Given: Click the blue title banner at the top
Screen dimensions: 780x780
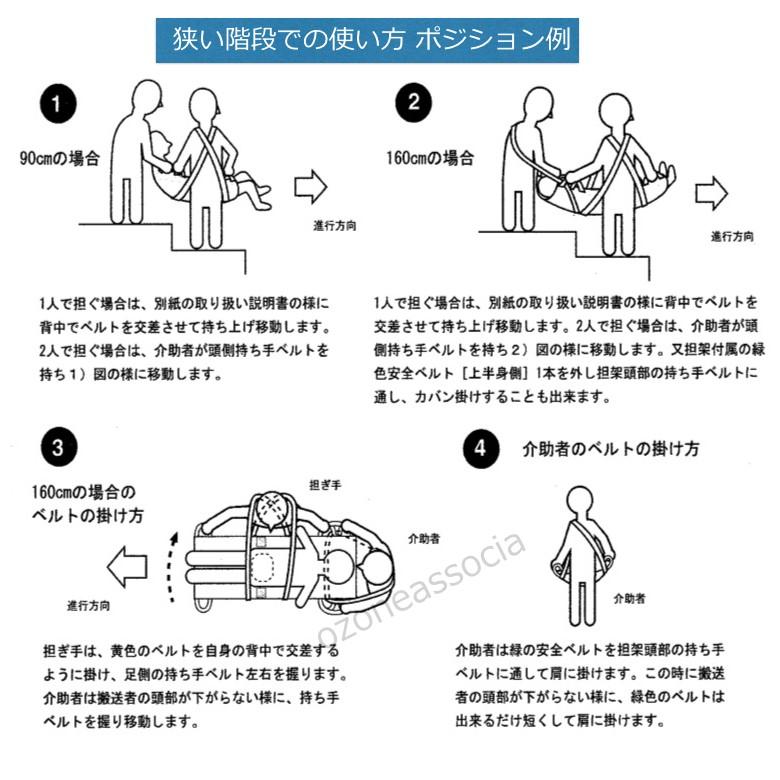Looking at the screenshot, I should pyautogui.click(x=368, y=41).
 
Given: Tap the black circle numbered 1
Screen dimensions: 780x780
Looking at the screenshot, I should pyautogui.click(x=59, y=103).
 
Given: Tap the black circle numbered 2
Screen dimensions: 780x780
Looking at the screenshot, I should pyautogui.click(x=412, y=103).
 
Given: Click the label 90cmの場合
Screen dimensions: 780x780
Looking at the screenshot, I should pyautogui.click(x=60, y=158).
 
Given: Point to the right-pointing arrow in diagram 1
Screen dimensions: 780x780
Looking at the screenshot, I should pyautogui.click(x=311, y=185).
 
